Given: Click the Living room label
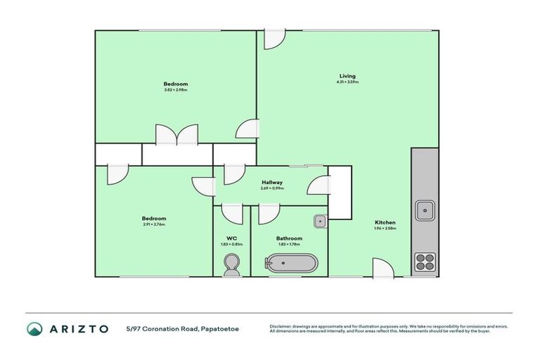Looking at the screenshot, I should tap(347, 76).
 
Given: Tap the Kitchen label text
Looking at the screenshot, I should tap(385, 222).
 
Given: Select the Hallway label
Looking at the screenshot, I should tap(272, 182).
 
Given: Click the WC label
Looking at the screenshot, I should tap(231, 238).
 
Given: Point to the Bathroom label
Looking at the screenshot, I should tap(289, 238).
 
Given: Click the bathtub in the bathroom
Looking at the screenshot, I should tap(290, 264).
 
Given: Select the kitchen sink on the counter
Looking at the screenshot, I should tap(425, 209).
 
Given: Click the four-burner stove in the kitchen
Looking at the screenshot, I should tap(425, 262).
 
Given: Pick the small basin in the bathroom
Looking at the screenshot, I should tap(319, 221).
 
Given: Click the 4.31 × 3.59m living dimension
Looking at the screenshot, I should tap(347, 82).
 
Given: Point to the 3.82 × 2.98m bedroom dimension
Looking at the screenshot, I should tap(176, 90).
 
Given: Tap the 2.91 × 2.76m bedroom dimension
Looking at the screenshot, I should tap(153, 224).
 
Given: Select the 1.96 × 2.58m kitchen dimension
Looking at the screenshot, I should tap(385, 229).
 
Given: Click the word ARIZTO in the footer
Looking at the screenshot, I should tap(79, 328).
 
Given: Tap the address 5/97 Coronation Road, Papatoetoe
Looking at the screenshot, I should tap(182, 328).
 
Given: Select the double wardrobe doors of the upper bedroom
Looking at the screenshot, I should tap(177, 135).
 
